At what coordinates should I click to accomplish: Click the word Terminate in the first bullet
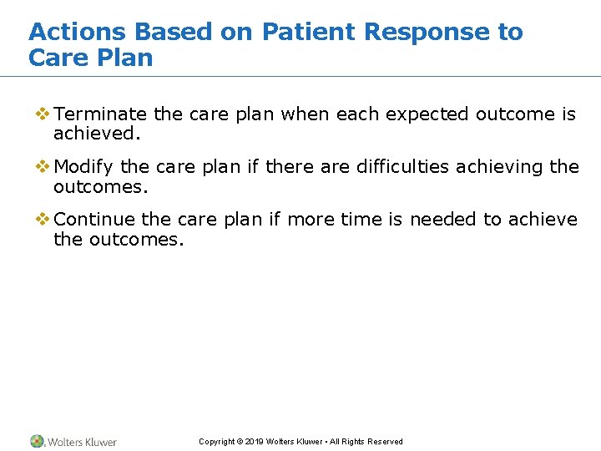(100, 114)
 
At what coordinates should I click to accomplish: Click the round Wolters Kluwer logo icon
(38, 441)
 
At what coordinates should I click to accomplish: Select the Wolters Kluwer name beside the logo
(82, 442)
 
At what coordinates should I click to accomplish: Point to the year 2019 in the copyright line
(255, 442)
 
